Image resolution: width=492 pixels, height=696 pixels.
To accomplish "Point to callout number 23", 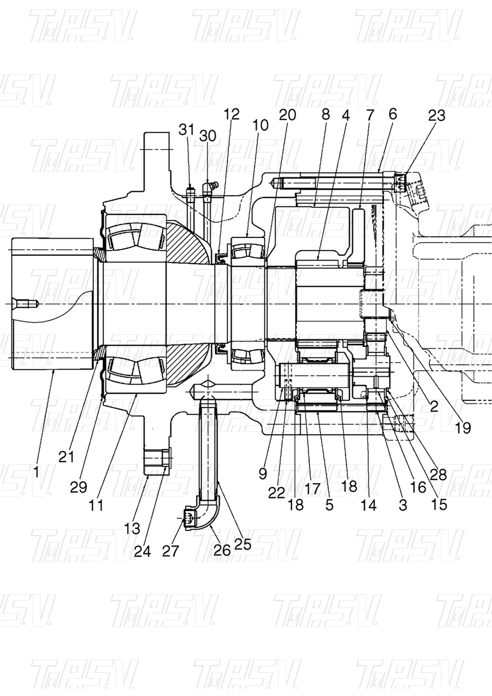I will [437, 115].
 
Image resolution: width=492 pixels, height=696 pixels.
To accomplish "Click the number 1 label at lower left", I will [36, 471].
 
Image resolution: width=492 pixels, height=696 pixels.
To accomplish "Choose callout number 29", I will [78, 487].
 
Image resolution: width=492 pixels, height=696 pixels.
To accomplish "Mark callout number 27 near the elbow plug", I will [170, 551].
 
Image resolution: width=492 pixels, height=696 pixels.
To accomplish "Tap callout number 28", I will [438, 474].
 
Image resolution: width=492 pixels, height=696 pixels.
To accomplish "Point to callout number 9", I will [263, 473].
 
